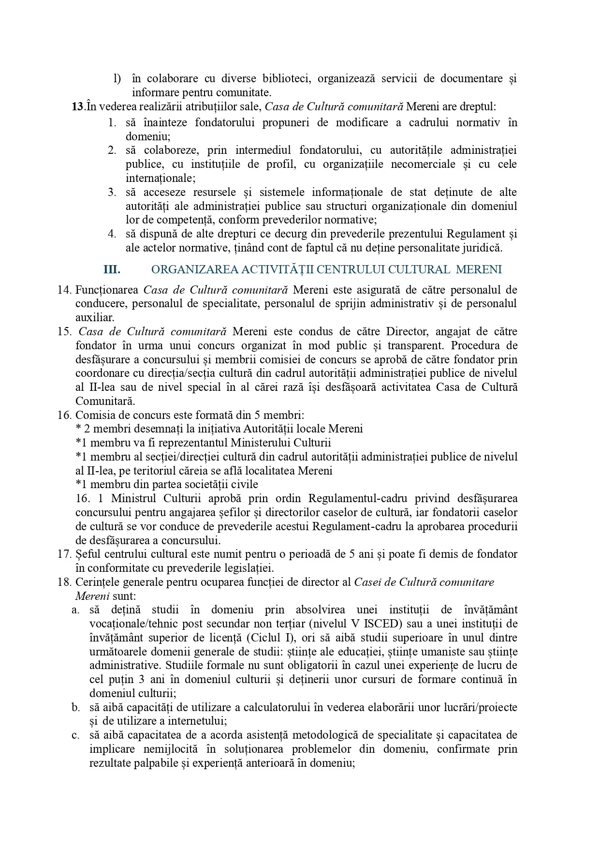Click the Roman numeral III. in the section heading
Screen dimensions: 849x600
coord(112,269)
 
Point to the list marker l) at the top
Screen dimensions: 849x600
coord(117,78)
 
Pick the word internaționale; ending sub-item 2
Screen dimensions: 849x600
coord(161,178)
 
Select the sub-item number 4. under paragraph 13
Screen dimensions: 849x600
coord(112,234)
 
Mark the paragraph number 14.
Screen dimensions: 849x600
coord(64,290)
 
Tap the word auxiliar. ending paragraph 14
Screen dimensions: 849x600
coord(95,318)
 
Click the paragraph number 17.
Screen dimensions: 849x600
coord(64,554)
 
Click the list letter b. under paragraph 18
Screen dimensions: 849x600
coord(76,707)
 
